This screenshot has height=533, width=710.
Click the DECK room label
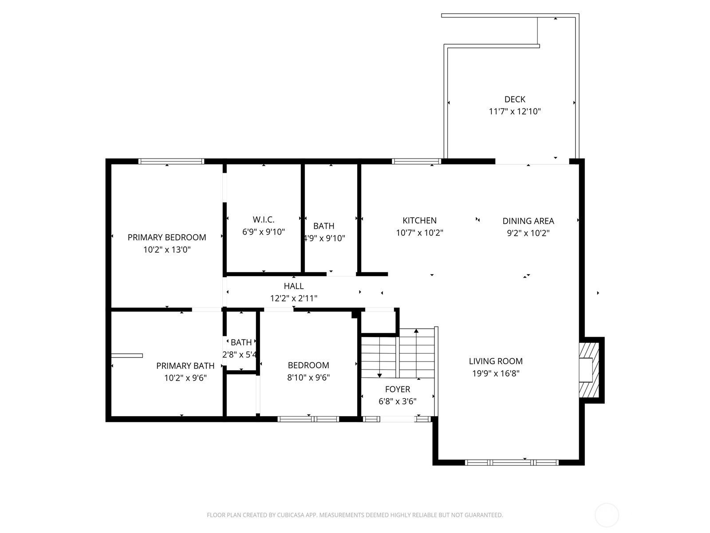515,99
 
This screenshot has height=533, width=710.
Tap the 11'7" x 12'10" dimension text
515,111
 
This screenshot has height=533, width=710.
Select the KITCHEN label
419,220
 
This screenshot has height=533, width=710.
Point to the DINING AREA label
528,221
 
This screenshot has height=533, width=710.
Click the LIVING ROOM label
496,361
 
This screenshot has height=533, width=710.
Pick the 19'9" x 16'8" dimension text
496,374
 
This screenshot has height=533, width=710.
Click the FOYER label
398,389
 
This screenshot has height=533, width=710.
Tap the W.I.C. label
264,220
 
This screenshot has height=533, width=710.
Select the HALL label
294,286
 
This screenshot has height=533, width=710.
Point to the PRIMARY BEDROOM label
167,238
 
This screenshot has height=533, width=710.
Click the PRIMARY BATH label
185,366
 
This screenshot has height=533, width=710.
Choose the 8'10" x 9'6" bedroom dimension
308,378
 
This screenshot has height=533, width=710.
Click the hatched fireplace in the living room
589,370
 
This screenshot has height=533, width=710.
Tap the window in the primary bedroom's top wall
171,161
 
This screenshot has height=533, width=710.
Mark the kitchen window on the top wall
416,161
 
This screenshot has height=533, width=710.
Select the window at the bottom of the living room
512,462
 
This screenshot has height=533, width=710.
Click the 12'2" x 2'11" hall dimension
294,298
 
